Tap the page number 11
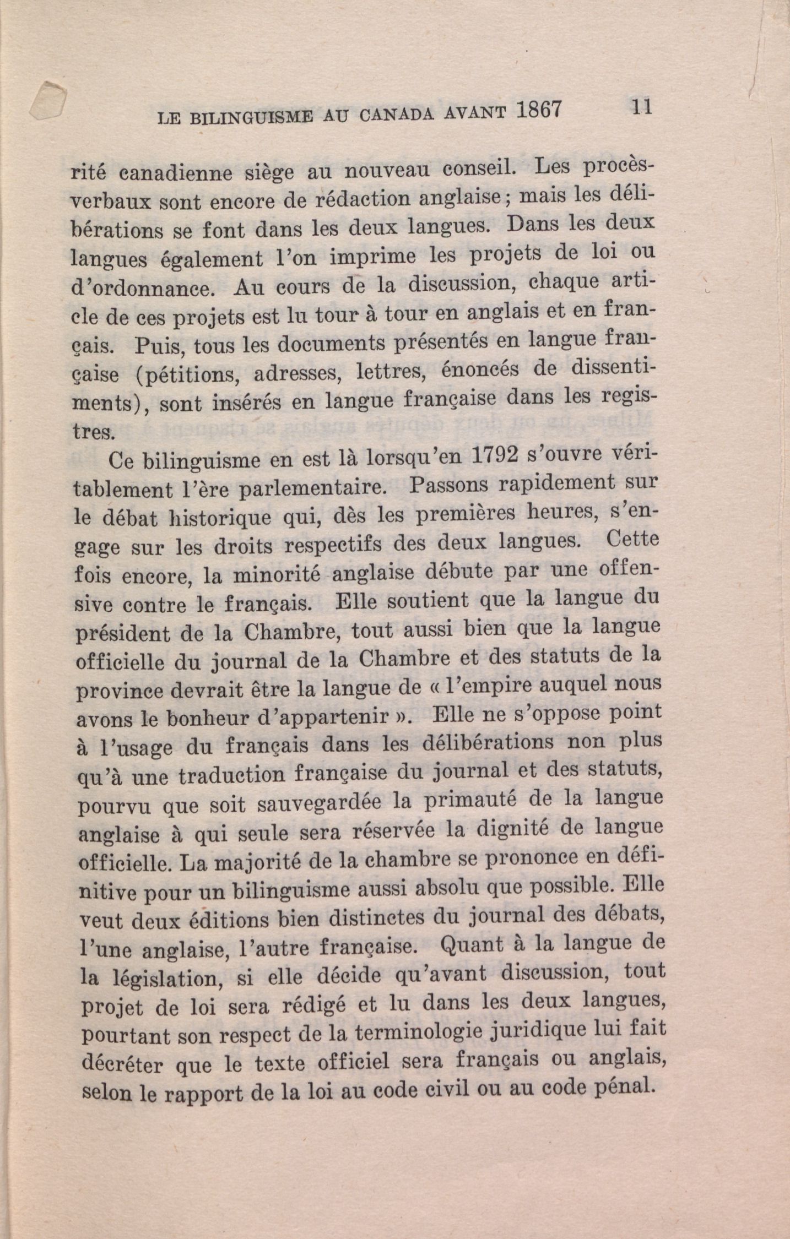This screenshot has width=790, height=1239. (x=642, y=106)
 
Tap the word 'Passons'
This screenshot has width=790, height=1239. (x=448, y=485)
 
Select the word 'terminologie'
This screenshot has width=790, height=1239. (x=437, y=1032)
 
